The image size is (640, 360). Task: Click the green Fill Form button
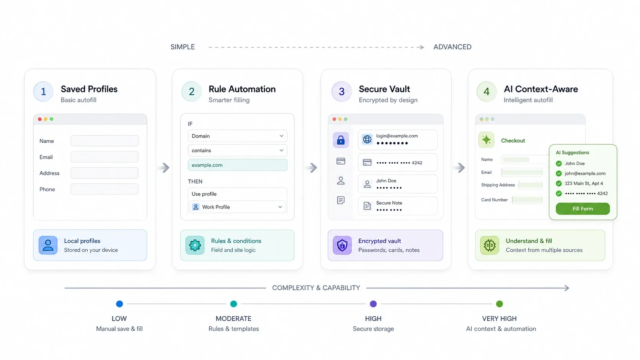583,209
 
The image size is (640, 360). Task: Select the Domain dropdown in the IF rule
237,136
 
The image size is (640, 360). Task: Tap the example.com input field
237,165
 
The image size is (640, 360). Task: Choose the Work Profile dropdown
237,207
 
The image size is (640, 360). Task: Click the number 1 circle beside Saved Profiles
43,92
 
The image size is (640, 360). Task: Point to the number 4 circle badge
487,92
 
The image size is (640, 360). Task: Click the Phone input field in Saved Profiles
104,189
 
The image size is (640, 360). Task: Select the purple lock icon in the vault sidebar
341,140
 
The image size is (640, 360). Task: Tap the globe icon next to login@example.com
367,139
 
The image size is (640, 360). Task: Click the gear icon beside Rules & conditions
195,245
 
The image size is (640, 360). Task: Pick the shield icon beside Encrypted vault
342,245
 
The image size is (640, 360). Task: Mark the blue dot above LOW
119,304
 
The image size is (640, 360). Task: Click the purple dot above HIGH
373,304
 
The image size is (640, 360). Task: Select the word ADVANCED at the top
452,47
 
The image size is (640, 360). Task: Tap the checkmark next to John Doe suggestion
559,164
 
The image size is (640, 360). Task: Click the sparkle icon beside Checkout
486,140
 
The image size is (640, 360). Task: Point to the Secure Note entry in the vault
397,206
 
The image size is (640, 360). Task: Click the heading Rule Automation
242,89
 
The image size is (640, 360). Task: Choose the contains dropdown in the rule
237,150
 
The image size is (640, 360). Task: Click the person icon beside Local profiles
48,245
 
